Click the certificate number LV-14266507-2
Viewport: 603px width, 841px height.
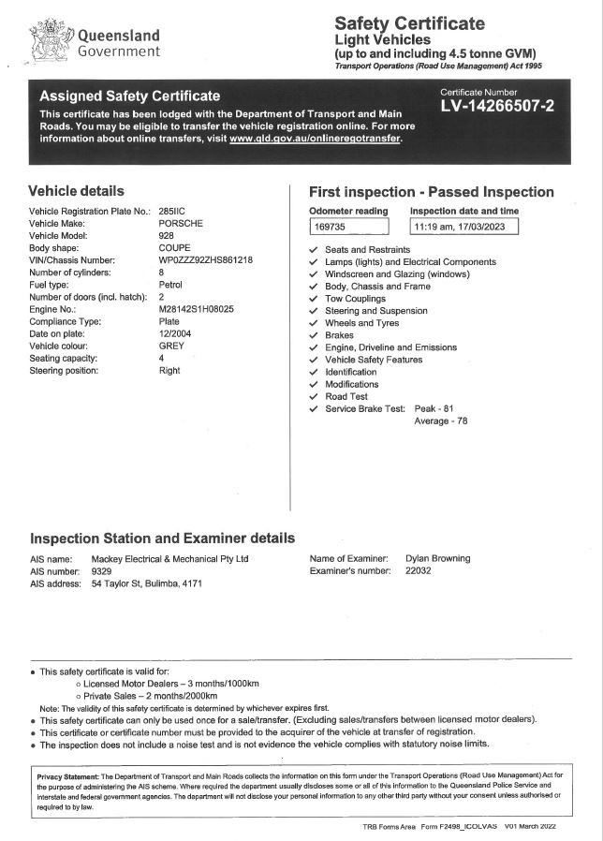[496, 106]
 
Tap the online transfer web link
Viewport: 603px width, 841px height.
[315, 138]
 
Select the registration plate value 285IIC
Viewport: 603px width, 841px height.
[173, 212]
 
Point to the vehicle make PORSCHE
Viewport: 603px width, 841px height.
[181, 224]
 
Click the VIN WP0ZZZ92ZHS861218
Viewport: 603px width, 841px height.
[206, 260]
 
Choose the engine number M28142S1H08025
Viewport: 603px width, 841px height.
[197, 309]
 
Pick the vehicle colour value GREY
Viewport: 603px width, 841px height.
[172, 346]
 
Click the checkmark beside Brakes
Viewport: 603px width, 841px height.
[313, 335]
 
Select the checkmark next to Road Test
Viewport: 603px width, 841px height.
[313, 396]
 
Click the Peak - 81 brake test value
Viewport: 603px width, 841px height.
[434, 408]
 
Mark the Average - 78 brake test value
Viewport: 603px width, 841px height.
[440, 420]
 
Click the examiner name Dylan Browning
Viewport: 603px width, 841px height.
[437, 558]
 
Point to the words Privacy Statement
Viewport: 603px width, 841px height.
[67, 776]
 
